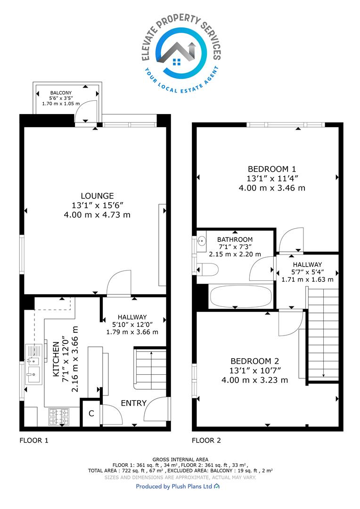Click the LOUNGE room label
pos(97,196)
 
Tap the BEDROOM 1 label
pos(272,169)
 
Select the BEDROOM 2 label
pos(254,361)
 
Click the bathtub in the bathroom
pos(240,296)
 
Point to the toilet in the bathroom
pos(207,270)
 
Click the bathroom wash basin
pos(202,241)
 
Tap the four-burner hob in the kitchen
pos(59,417)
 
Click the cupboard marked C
pos(91,413)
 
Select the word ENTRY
pos(133,403)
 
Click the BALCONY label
pos(61,93)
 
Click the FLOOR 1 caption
pos(34,441)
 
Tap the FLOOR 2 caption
pos(206,441)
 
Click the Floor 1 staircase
pos(150,369)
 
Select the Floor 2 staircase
pos(323,334)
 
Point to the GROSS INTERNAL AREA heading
pos(180,460)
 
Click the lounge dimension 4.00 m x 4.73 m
pos(97,214)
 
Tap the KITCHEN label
pos(56,359)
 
